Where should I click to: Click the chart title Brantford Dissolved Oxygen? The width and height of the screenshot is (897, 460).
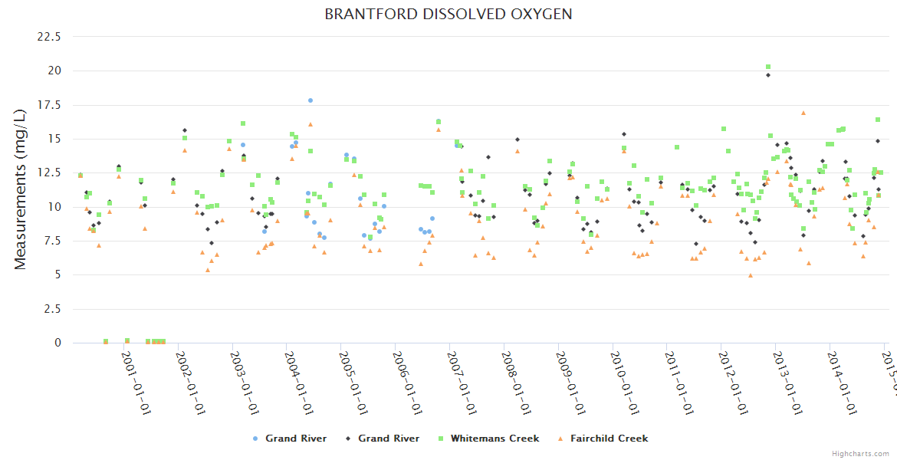448,15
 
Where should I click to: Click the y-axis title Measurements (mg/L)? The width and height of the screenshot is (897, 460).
21,189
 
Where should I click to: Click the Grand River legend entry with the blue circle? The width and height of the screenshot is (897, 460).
295,439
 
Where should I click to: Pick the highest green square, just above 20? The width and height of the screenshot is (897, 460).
768,67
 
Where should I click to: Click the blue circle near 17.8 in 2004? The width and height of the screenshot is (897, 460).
310,100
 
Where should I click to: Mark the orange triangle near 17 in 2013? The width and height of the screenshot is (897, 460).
803,113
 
